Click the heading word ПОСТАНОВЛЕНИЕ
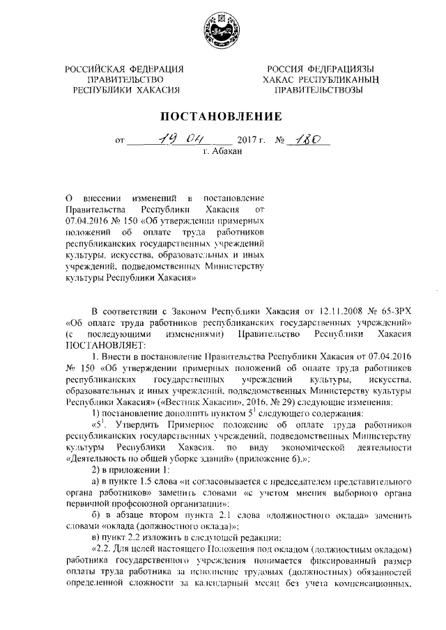click(222, 116)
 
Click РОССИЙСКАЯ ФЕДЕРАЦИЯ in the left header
click(125, 68)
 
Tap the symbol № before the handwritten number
click(282, 140)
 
